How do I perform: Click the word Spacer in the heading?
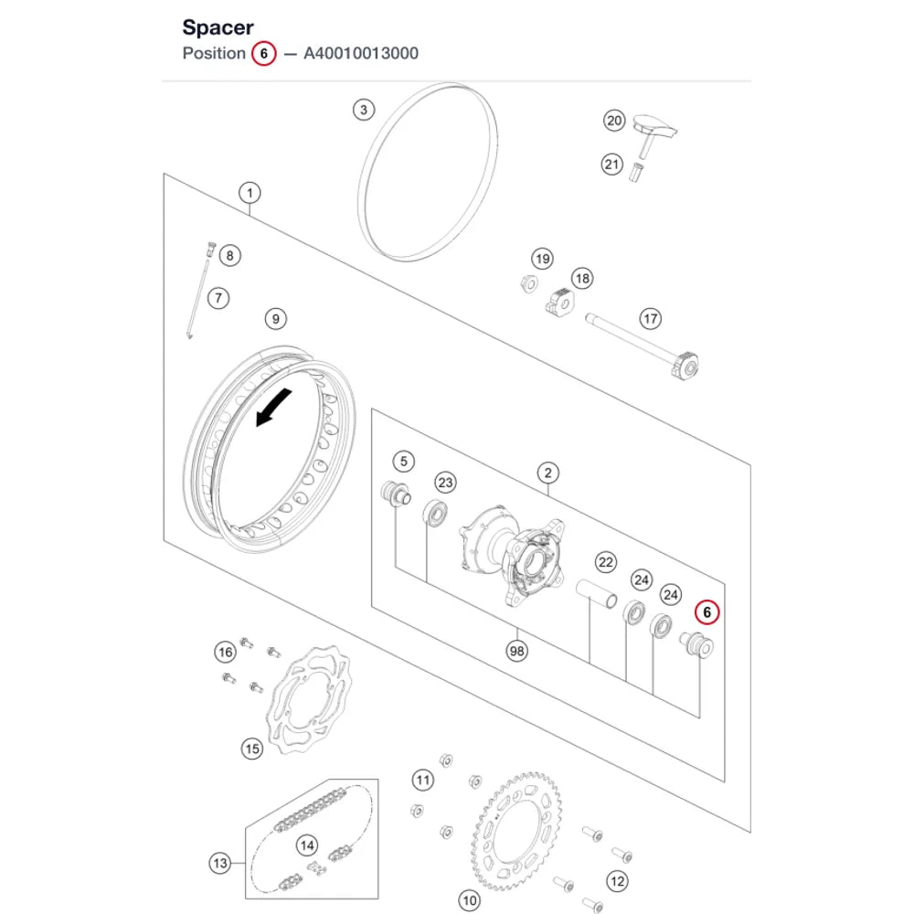[x=218, y=27]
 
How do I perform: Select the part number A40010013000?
[x=361, y=53]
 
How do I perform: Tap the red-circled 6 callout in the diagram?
[x=707, y=612]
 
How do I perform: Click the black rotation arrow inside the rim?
[x=273, y=407]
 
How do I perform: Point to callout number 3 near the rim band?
[x=364, y=110]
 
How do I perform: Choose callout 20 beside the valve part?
[x=614, y=121]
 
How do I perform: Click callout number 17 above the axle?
[x=651, y=319]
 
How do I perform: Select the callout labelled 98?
[x=517, y=651]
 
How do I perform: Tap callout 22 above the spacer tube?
[x=606, y=562]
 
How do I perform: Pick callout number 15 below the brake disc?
[x=252, y=749]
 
